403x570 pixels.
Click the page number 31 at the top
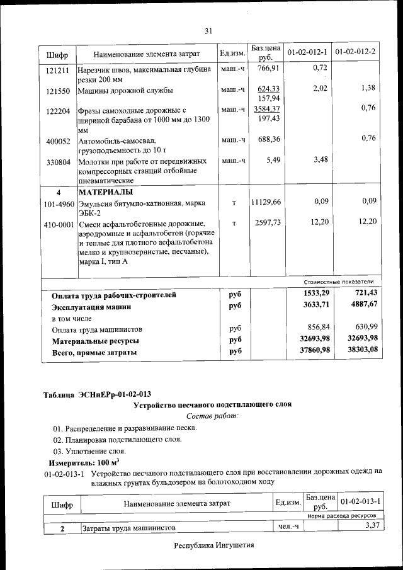pos(209,30)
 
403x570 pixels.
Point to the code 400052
pos(58,141)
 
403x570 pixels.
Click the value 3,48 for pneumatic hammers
pos(321,160)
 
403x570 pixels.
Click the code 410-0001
pos(59,224)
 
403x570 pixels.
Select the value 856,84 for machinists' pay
pos(319,328)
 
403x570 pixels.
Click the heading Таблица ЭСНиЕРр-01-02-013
pos(97,394)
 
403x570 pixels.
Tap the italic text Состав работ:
pos(212,416)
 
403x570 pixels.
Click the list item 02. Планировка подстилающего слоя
pos(118,440)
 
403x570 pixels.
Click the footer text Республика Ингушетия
pos(214,545)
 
